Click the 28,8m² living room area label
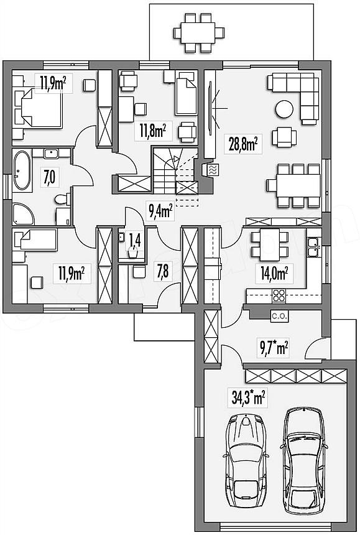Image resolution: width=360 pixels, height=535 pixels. click(243, 144)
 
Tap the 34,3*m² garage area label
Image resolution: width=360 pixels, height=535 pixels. click(248, 398)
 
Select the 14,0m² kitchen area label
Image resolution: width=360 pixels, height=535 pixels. click(274, 273)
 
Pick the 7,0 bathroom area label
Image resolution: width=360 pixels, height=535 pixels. click(50, 177)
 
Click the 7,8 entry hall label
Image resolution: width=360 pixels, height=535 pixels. click(162, 272)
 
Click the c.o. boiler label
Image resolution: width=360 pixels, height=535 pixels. click(280, 316)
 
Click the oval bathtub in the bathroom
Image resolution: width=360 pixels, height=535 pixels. click(22, 170)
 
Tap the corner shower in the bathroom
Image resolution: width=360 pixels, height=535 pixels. click(23, 214)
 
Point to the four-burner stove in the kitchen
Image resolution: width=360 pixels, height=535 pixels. click(279, 295)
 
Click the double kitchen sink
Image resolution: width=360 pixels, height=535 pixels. click(313, 247)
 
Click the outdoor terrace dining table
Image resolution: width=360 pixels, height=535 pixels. click(198, 33)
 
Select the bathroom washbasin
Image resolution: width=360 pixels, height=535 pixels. click(51, 153)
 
